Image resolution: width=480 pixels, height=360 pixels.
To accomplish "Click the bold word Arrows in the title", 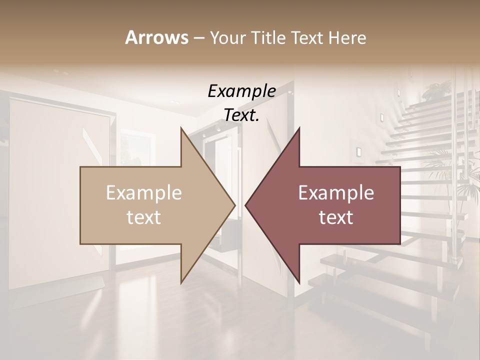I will [x=156, y=37].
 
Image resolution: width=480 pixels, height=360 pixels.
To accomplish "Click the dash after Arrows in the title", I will [x=198, y=38].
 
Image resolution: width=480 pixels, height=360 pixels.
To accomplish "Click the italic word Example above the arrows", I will [x=241, y=91].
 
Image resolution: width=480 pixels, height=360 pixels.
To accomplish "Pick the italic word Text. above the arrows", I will [x=241, y=115].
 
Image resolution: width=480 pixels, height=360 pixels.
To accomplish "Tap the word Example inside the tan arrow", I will [x=143, y=193].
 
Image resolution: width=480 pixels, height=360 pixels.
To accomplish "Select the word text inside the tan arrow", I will [x=143, y=217].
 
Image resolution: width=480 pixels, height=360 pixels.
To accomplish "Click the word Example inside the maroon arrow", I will [x=336, y=193].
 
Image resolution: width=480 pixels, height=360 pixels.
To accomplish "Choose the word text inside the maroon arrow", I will [x=336, y=217].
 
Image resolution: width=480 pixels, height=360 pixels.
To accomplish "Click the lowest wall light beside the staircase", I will [x=358, y=151].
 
